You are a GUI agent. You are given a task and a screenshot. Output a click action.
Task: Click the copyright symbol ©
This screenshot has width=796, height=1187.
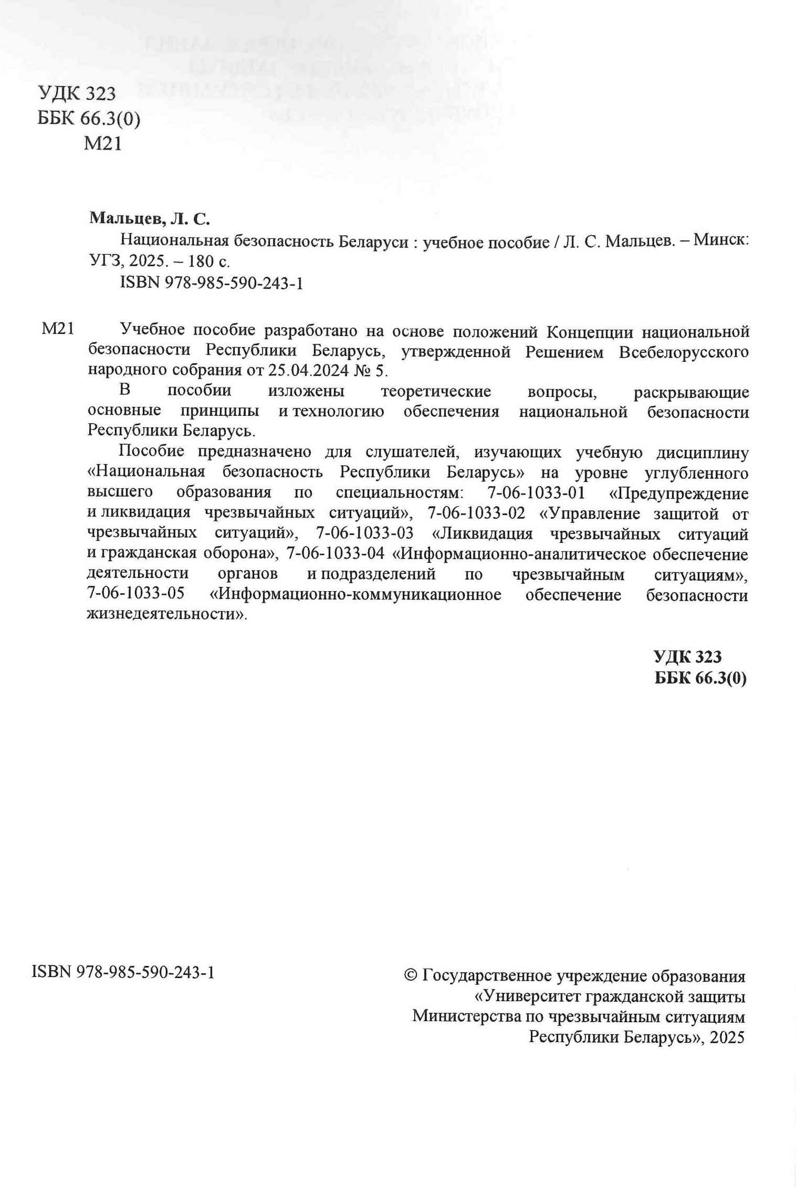tap(411, 975)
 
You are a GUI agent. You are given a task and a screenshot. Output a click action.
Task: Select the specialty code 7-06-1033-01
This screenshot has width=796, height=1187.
tap(536, 493)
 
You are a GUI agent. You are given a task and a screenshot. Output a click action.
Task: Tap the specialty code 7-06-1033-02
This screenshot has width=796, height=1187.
tap(476, 513)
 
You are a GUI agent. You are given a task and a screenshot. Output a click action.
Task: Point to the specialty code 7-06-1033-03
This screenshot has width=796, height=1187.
tap(364, 533)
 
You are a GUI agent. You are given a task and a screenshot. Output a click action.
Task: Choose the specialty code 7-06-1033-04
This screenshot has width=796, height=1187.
tap(335, 553)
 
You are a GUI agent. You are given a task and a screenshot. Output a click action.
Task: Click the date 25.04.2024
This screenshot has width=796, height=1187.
tap(308, 371)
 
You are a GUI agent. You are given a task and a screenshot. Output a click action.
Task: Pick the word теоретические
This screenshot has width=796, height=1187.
tap(436, 392)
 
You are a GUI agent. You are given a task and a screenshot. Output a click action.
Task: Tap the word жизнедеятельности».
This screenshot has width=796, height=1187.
tap(166, 614)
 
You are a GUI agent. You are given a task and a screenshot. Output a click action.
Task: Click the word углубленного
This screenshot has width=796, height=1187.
tap(696, 473)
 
